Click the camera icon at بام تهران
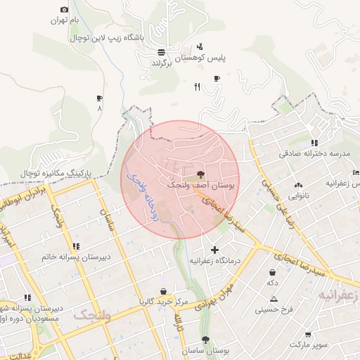[65, 9]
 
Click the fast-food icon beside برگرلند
[161, 52]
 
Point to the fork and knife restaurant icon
[198, 87]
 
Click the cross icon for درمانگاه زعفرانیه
[214, 250]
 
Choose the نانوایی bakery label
[296, 196]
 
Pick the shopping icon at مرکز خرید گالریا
[164, 291]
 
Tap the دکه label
[271, 283]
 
